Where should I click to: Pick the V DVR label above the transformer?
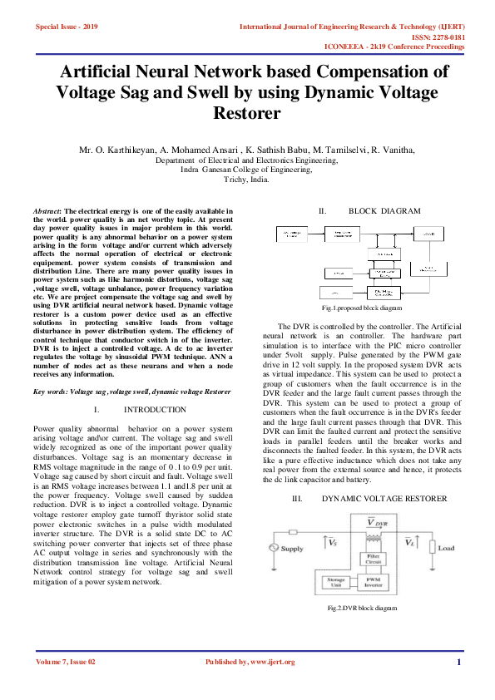376,523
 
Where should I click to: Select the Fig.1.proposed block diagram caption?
362,308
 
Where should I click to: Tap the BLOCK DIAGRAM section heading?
384,211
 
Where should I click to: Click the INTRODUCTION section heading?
155,410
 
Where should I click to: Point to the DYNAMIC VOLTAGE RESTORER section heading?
384,498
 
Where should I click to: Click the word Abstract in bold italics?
46,212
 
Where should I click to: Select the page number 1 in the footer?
458,663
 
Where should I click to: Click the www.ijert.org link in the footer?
267,663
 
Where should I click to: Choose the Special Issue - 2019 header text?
67,27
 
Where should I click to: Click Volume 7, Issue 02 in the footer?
66,663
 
